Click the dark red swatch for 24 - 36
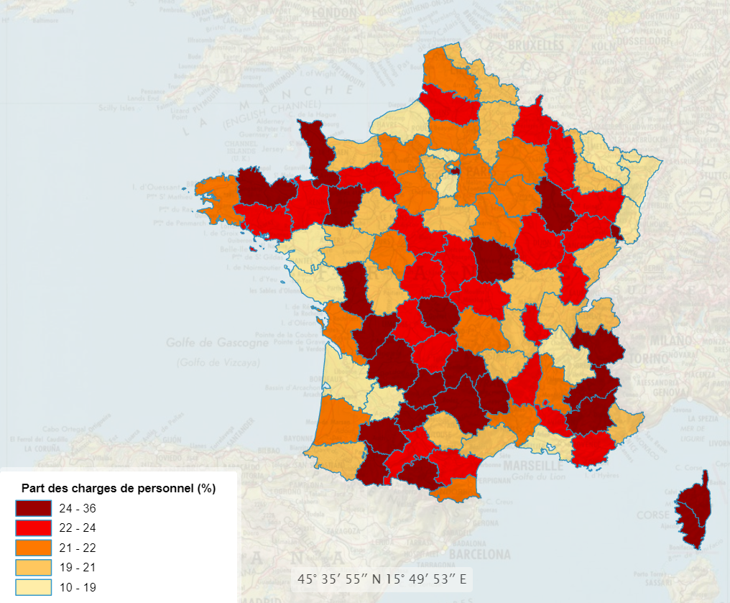pyautogui.click(x=33, y=508)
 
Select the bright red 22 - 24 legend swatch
pyautogui.click(x=33, y=528)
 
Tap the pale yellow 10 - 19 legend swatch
pyautogui.click(x=33, y=587)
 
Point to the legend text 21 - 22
pyautogui.click(x=79, y=548)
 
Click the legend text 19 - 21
pyautogui.click(x=79, y=567)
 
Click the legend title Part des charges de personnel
pyautogui.click(x=119, y=489)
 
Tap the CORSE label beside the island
pyautogui.click(x=652, y=516)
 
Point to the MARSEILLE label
pyautogui.click(x=534, y=466)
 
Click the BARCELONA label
pyautogui.click(x=479, y=555)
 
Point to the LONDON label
pyautogui.click(x=333, y=14)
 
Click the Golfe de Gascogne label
pyautogui.click(x=212, y=343)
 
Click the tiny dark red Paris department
pyautogui.click(x=453, y=170)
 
